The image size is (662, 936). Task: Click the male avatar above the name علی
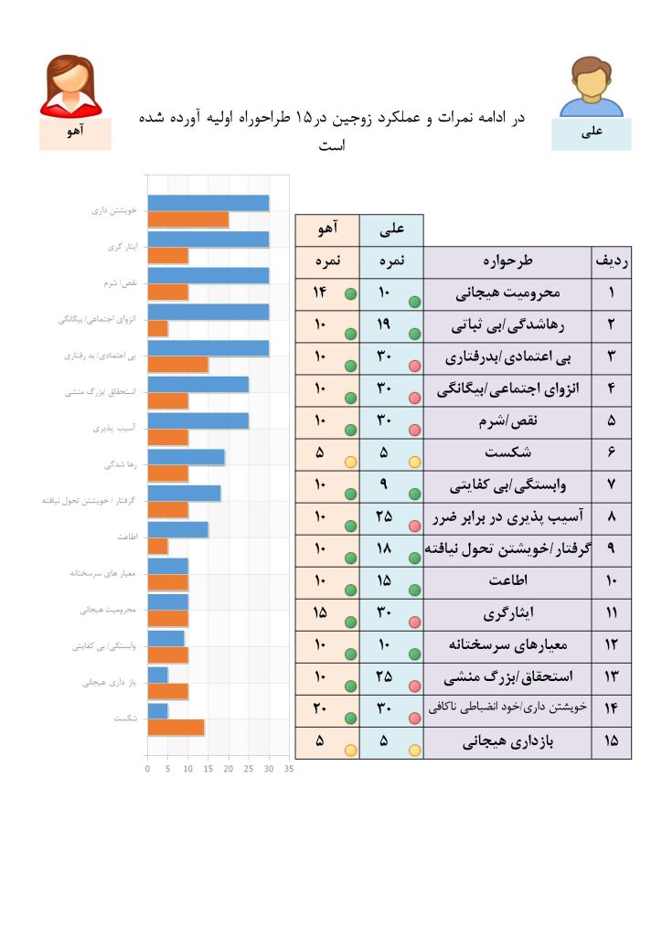coord(591,87)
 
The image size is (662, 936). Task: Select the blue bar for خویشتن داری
coord(208,203)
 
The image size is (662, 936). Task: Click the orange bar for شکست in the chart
coord(176,728)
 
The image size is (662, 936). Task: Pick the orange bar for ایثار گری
coord(168,256)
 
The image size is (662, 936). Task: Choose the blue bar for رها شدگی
coord(187,457)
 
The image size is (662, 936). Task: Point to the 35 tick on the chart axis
coord(289,769)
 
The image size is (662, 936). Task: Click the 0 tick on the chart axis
coord(148,769)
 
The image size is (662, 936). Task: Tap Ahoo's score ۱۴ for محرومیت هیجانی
coord(319,292)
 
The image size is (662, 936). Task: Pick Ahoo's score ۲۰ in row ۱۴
coord(319,708)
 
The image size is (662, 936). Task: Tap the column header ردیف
coord(611,261)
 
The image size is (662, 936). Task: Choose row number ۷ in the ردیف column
coord(611,484)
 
